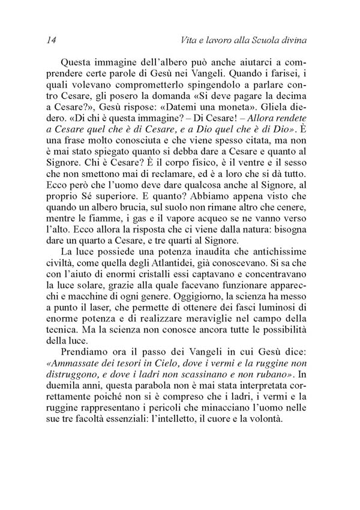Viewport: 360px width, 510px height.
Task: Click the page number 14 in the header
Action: point(50,41)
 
